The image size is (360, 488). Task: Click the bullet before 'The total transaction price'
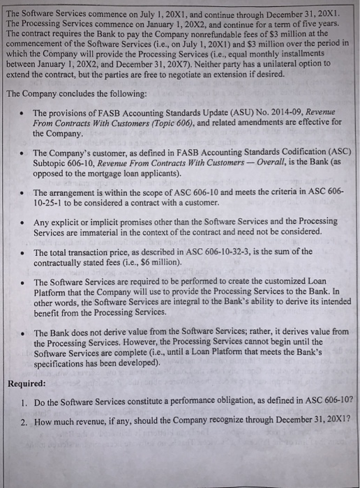click(24, 252)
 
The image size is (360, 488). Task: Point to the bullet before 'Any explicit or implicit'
click(24, 222)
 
